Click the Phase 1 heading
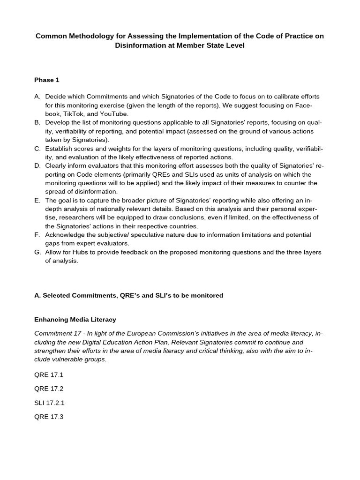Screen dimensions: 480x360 point(47,80)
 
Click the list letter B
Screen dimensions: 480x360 point(37,122)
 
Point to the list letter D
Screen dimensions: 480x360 point(37,165)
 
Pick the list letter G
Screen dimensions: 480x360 point(37,252)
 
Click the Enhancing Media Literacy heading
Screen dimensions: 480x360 point(75,320)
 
